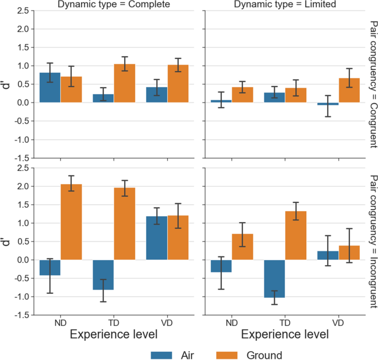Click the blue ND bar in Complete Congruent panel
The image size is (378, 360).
50,88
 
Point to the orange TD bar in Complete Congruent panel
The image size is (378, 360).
124,83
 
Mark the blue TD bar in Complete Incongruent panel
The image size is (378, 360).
103,275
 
